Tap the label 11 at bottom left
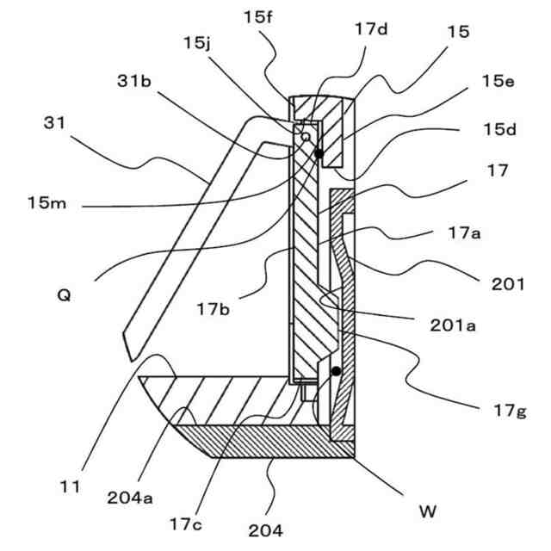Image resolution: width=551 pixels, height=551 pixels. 71,487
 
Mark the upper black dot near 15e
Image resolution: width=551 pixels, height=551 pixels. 319,153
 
